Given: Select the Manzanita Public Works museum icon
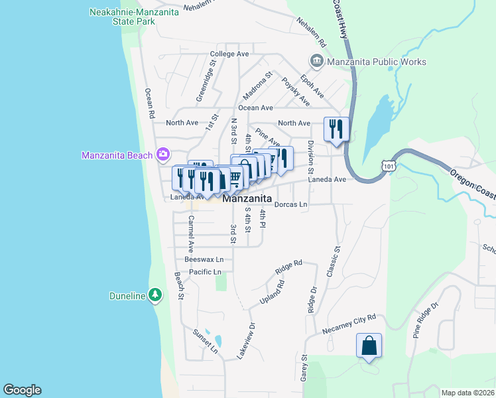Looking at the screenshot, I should [x=316, y=62].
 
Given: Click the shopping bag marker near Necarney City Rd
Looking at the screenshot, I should [x=369, y=346].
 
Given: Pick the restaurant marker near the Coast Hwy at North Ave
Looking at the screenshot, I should [x=336, y=128].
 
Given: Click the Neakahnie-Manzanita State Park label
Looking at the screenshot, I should [x=122, y=17].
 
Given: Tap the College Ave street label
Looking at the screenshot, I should [x=229, y=54].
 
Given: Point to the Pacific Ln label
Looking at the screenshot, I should [x=205, y=272].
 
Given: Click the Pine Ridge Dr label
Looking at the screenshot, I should [x=426, y=320].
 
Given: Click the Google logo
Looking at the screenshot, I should [x=22, y=390].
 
